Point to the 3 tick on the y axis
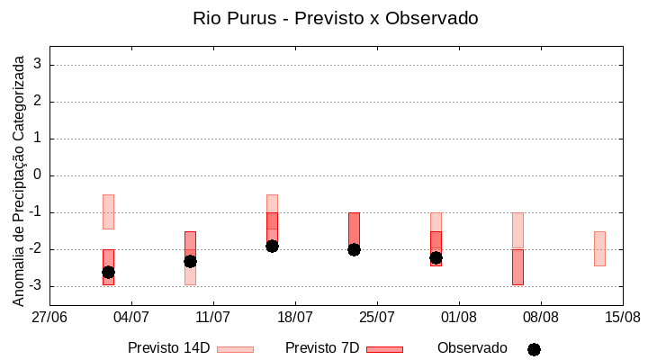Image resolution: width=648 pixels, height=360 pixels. click(x=38, y=65)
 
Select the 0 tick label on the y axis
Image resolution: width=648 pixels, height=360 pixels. click(x=38, y=175)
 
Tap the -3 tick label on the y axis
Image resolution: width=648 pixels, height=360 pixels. click(x=34, y=286)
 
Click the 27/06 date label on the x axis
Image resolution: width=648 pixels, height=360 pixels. click(x=49, y=317)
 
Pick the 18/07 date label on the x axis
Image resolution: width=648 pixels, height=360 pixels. click(x=295, y=317)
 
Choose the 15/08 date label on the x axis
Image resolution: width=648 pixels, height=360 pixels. click(x=623, y=317)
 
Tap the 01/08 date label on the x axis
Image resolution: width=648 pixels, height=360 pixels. click(x=459, y=317)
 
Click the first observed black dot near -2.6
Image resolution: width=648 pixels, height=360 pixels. click(x=108, y=272)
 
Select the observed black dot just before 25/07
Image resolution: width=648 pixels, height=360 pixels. click(x=354, y=249)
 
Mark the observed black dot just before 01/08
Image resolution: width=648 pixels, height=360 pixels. click(x=436, y=257)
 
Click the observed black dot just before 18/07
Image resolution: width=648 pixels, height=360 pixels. click(x=272, y=246)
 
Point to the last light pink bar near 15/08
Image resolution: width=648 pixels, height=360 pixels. click(x=599, y=248)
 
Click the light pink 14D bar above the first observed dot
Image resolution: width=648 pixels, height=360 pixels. click(x=108, y=211)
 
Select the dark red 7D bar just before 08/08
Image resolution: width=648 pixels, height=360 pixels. click(x=517, y=267)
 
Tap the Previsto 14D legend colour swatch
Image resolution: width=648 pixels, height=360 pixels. click(x=235, y=349)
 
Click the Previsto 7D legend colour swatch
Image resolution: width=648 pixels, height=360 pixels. click(x=384, y=349)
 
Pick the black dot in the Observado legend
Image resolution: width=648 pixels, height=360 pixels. click(x=534, y=349)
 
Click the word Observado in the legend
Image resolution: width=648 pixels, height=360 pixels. click(x=472, y=347)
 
